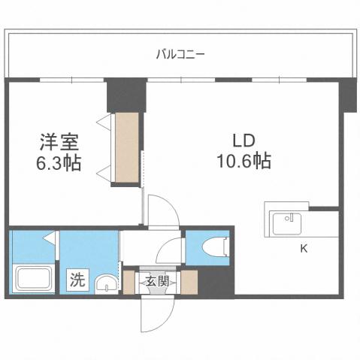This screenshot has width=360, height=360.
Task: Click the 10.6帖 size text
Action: click(x=241, y=160)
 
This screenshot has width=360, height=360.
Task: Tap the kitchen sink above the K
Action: click(x=286, y=223)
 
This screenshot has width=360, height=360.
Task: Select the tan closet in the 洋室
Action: click(x=126, y=147)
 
